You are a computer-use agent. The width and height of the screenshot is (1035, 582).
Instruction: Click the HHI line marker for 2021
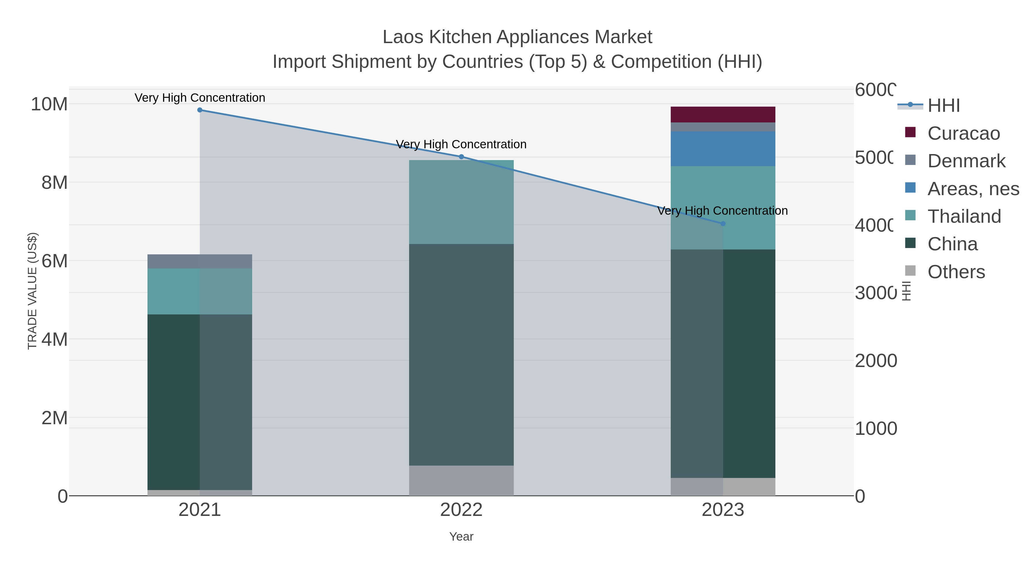click(x=200, y=110)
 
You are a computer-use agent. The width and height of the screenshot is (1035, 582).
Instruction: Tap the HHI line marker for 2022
click(x=461, y=157)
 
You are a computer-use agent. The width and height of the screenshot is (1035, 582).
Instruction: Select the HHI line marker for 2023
click(x=723, y=224)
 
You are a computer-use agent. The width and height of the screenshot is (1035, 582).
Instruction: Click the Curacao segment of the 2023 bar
click(x=723, y=114)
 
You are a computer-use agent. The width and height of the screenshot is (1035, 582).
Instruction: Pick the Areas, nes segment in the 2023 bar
click(x=723, y=149)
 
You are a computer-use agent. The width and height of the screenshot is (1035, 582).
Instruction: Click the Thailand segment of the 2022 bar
click(x=461, y=202)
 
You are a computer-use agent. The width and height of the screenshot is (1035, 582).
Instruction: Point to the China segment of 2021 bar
click(x=200, y=402)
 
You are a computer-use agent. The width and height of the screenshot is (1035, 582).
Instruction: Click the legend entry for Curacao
click(x=963, y=133)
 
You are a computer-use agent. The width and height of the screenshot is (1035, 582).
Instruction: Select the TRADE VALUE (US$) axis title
click(x=32, y=291)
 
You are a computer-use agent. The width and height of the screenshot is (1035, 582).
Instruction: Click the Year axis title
click(x=461, y=537)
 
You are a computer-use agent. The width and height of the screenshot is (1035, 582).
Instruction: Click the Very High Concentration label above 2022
click(x=461, y=144)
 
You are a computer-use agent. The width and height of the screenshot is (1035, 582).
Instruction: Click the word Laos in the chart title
click(x=403, y=37)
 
